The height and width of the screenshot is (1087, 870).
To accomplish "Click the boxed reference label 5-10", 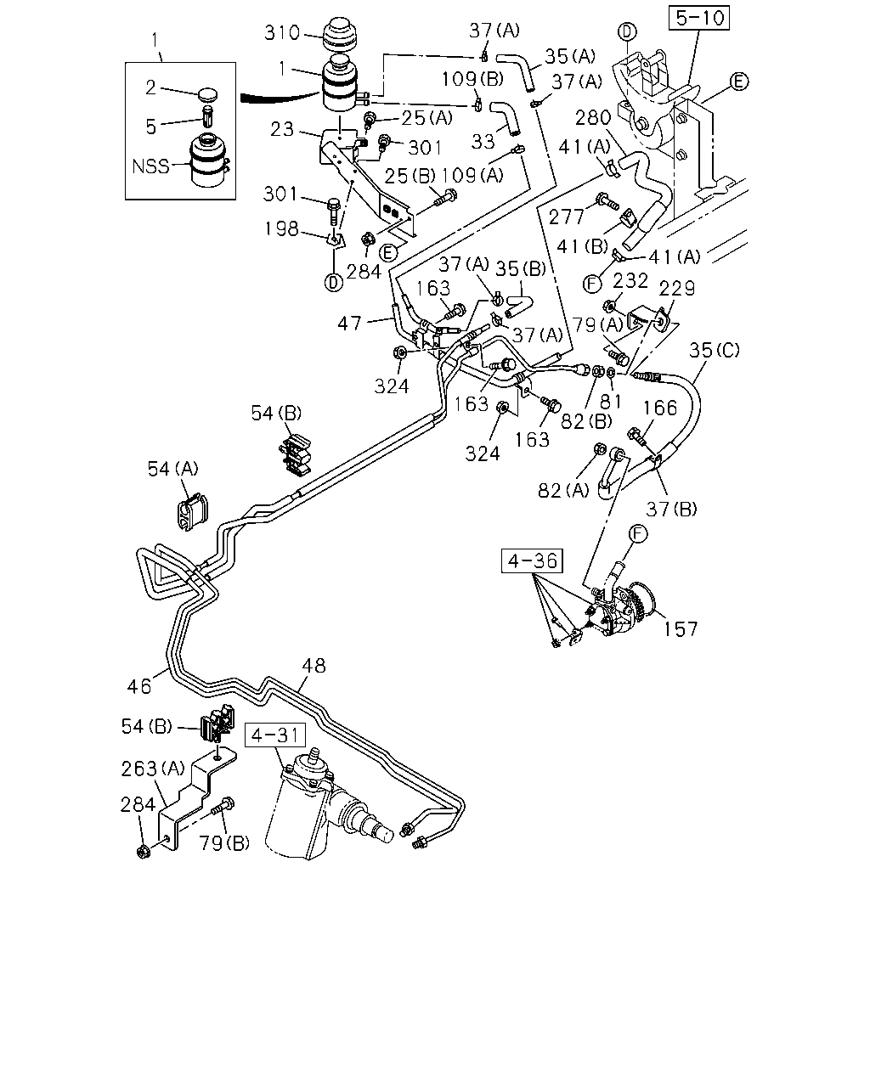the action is pyautogui.click(x=698, y=18).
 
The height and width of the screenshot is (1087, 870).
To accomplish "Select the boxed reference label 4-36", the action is pyautogui.click(x=532, y=561).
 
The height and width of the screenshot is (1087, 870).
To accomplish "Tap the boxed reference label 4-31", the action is pyautogui.click(x=275, y=735).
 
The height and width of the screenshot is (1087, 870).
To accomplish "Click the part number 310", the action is pyautogui.click(x=282, y=33).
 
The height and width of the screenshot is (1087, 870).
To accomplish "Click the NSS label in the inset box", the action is pyautogui.click(x=150, y=166).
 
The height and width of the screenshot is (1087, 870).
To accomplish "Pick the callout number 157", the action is pyautogui.click(x=680, y=629).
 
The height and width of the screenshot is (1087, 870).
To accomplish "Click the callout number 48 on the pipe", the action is pyautogui.click(x=314, y=666).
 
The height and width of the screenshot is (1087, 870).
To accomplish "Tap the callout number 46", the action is pyautogui.click(x=139, y=686).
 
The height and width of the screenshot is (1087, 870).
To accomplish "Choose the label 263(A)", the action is pyautogui.click(x=153, y=769).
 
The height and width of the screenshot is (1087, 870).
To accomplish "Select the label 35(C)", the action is pyautogui.click(x=714, y=350).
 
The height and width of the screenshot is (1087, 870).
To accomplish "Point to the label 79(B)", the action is pyautogui.click(x=224, y=842).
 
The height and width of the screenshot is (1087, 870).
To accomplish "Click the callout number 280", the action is pyautogui.click(x=593, y=118).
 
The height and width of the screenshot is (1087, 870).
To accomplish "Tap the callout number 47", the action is pyautogui.click(x=349, y=324).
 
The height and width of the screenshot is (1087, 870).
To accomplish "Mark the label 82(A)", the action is pyautogui.click(x=563, y=490).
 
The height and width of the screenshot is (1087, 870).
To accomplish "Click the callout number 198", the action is pyautogui.click(x=281, y=228).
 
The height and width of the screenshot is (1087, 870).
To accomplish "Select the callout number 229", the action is pyautogui.click(x=676, y=289).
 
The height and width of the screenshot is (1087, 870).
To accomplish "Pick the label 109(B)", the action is pyautogui.click(x=472, y=79).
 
